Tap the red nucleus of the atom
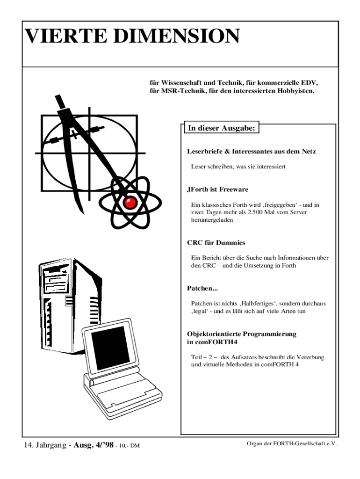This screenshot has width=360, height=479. pyautogui.click(x=130, y=203)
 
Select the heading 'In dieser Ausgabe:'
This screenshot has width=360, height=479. pyautogui.click(x=221, y=128)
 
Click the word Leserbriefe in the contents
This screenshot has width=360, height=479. pyautogui.click(x=205, y=152)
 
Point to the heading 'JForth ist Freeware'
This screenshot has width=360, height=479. pyautogui.click(x=217, y=189)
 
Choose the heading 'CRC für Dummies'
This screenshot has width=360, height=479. pyautogui.click(x=216, y=243)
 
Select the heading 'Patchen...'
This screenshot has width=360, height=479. pyautogui.click(x=203, y=288)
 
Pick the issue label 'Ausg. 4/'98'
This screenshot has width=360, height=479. pyautogui.click(x=94, y=445)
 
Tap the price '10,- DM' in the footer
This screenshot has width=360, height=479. pyautogui.click(x=129, y=446)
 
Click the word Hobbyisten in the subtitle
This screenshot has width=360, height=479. pyautogui.click(x=294, y=91)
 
